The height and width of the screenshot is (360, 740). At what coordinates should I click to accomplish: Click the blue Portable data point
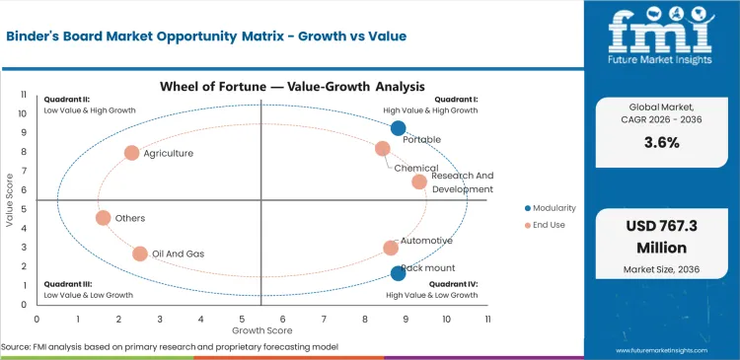click(398, 128)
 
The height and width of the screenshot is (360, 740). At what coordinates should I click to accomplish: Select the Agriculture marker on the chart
click(132, 153)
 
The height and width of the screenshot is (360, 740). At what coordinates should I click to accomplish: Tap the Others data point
click(104, 218)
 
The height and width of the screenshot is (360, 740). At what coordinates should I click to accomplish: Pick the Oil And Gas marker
click(140, 254)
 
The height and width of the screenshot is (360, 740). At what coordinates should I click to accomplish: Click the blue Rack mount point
click(398, 273)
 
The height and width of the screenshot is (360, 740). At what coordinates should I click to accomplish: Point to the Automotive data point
click(391, 249)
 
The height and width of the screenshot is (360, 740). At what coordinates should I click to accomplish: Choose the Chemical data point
click(383, 149)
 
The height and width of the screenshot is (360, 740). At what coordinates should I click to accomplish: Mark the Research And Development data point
click(419, 181)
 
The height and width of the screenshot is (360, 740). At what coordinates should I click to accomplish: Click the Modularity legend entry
click(553, 208)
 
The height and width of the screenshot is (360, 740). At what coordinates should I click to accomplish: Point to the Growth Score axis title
click(261, 330)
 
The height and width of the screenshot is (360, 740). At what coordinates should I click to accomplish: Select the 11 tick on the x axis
click(487, 320)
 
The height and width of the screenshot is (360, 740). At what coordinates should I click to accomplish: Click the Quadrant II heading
click(67, 100)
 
